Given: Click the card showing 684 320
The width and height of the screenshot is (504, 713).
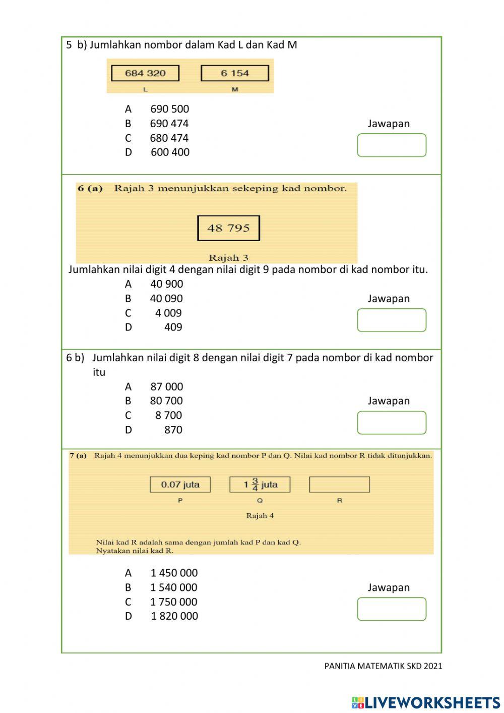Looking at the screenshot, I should (145, 73).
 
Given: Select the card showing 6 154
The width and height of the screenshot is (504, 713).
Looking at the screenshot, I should (234, 73).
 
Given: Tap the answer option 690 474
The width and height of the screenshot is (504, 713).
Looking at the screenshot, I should (169, 124).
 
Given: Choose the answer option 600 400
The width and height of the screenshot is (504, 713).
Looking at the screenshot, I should (170, 152).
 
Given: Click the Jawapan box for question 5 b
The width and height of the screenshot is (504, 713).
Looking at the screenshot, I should (392, 145).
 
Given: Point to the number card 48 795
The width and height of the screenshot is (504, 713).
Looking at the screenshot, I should (228, 228).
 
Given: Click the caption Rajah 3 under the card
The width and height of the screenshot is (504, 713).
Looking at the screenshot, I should (228, 258).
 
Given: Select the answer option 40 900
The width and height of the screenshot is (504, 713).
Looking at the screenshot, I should (166, 284).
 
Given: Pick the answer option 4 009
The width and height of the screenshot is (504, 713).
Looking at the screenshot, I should (168, 313).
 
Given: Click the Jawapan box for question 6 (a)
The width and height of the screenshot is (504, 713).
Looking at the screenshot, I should (392, 320).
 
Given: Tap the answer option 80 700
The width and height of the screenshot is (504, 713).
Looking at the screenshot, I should (166, 401).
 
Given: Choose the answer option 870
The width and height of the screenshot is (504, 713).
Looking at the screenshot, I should (173, 430).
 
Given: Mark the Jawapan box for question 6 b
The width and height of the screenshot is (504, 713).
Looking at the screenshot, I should (392, 423).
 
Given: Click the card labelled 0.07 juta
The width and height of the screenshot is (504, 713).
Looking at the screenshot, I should (180, 485).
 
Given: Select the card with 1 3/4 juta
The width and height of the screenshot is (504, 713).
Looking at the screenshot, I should (260, 485).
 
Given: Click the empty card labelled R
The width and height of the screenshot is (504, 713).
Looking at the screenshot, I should (339, 485).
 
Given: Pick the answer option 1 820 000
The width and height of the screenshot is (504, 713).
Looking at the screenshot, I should (174, 616).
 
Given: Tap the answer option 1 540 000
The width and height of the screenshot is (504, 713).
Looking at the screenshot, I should (173, 587).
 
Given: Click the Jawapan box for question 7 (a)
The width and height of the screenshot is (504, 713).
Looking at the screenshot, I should (392, 609).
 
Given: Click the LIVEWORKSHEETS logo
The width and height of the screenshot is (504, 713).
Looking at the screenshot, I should (426, 702).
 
